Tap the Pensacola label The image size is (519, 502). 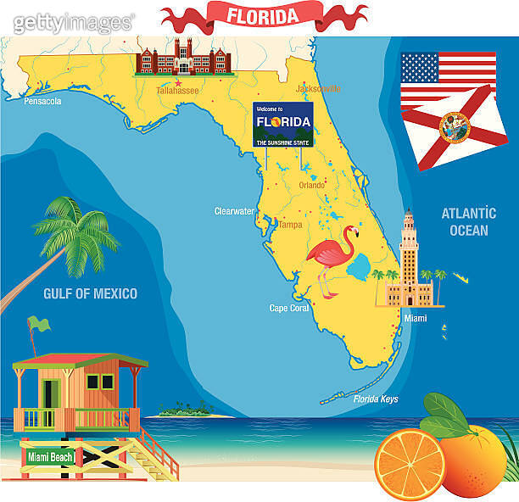click(42, 102)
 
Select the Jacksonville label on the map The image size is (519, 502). click(317, 88)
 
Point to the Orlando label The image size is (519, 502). click(312, 185)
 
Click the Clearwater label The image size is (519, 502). click(234, 211)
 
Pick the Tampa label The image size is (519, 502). click(290, 225)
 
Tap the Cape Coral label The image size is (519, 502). click(290, 309)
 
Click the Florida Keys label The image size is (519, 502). click(377, 399)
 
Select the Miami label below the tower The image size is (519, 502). click(416, 319)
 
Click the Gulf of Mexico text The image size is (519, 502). click(90, 294)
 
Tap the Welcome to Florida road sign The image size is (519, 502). click(283, 125)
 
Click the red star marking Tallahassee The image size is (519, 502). click(178, 81)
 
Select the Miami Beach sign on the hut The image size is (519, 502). click(51, 457)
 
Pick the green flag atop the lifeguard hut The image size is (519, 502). click(38, 323)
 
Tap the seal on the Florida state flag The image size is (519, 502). click(455, 127)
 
